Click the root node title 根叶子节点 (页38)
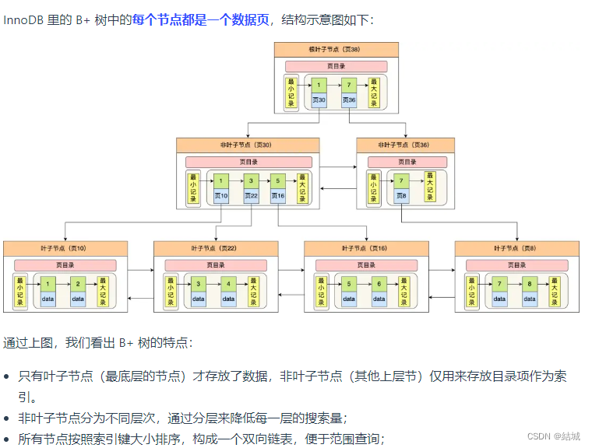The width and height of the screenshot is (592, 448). pos(336,49)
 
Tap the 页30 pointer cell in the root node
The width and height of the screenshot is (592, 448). pos(319,100)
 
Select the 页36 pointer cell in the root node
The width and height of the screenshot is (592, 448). pos(348,100)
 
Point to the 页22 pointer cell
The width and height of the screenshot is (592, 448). pos(251,196)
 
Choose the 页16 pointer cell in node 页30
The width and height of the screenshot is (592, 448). pos(278,196)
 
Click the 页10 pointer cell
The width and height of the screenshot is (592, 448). pos(221,196)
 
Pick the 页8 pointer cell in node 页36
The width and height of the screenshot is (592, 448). pos(402,196)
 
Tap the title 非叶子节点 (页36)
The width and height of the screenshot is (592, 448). pos(403,145)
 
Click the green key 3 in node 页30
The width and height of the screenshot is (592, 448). pos(251,181)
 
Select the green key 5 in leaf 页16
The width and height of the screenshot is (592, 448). pos(349,285)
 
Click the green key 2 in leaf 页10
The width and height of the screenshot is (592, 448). pos(78,285)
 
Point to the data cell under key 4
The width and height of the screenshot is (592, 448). pos(228,299)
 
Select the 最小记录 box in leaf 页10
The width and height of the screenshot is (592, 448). pos(20,291)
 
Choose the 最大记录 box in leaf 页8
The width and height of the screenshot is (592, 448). pos(554,291)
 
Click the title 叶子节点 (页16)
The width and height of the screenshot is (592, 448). pos(365,248)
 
